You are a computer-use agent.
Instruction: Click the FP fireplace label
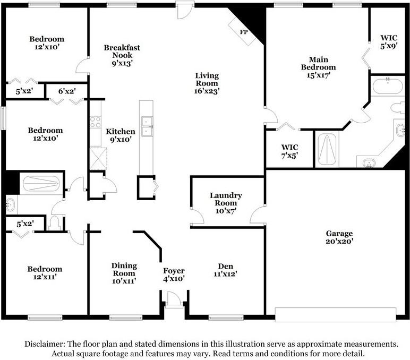coord(244,32)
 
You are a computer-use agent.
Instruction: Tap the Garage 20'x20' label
coord(339,237)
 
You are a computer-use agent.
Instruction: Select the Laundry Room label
coord(226,199)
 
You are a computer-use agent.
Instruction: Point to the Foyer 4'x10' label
coord(174,275)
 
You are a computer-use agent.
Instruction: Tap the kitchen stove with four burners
coord(96,122)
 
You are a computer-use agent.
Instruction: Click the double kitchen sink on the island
coord(147,126)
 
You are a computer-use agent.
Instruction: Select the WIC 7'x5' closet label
coord(290,151)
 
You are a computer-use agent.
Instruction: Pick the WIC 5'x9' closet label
coord(389,42)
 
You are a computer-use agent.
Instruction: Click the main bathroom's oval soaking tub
coord(388,86)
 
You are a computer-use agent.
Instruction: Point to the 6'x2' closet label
coord(67,91)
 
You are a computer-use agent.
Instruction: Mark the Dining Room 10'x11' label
coord(124,273)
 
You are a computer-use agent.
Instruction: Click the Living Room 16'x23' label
coord(207,83)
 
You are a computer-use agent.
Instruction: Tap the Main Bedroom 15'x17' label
coord(318,67)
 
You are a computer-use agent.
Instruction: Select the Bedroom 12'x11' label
coord(45,273)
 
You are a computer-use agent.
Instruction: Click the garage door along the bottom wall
coord(336,315)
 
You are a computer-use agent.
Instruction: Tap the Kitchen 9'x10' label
coord(121,135)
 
